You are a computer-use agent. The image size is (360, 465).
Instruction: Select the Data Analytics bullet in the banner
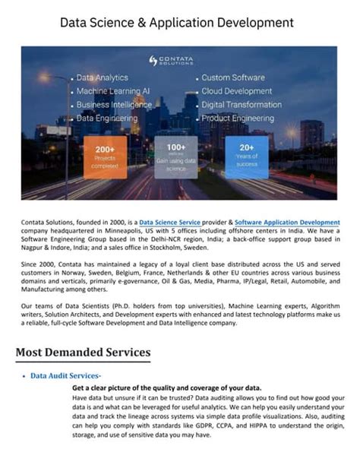pos(102,77)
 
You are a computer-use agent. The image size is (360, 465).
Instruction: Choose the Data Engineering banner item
pos(106,119)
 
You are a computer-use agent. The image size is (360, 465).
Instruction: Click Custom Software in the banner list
pos(233,77)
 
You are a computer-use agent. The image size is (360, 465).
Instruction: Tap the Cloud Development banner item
pos(236,91)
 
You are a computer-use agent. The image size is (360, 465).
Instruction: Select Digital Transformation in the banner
pos(242,105)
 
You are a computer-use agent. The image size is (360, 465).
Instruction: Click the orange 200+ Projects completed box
pos(105,156)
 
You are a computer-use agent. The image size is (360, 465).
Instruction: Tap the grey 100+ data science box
pos(175,156)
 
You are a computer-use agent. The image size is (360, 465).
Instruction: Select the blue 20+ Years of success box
pos(247,156)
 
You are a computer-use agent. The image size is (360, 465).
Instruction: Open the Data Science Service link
pos(169,223)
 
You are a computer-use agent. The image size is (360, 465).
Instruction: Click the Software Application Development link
pos(287,223)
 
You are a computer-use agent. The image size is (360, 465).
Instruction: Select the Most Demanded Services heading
pos(83,353)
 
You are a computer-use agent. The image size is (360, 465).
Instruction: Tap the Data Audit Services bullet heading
pos(65,375)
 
